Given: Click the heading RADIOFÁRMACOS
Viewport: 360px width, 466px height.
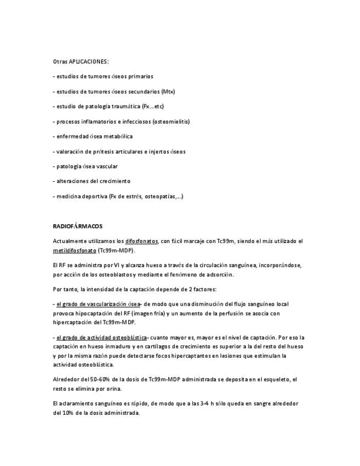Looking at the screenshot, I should [77, 226].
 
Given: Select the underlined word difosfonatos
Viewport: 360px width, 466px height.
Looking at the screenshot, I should [141, 241].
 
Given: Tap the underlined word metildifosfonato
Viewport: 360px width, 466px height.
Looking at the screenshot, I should [74, 250].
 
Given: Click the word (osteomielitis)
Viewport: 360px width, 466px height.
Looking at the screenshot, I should [171, 121].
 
